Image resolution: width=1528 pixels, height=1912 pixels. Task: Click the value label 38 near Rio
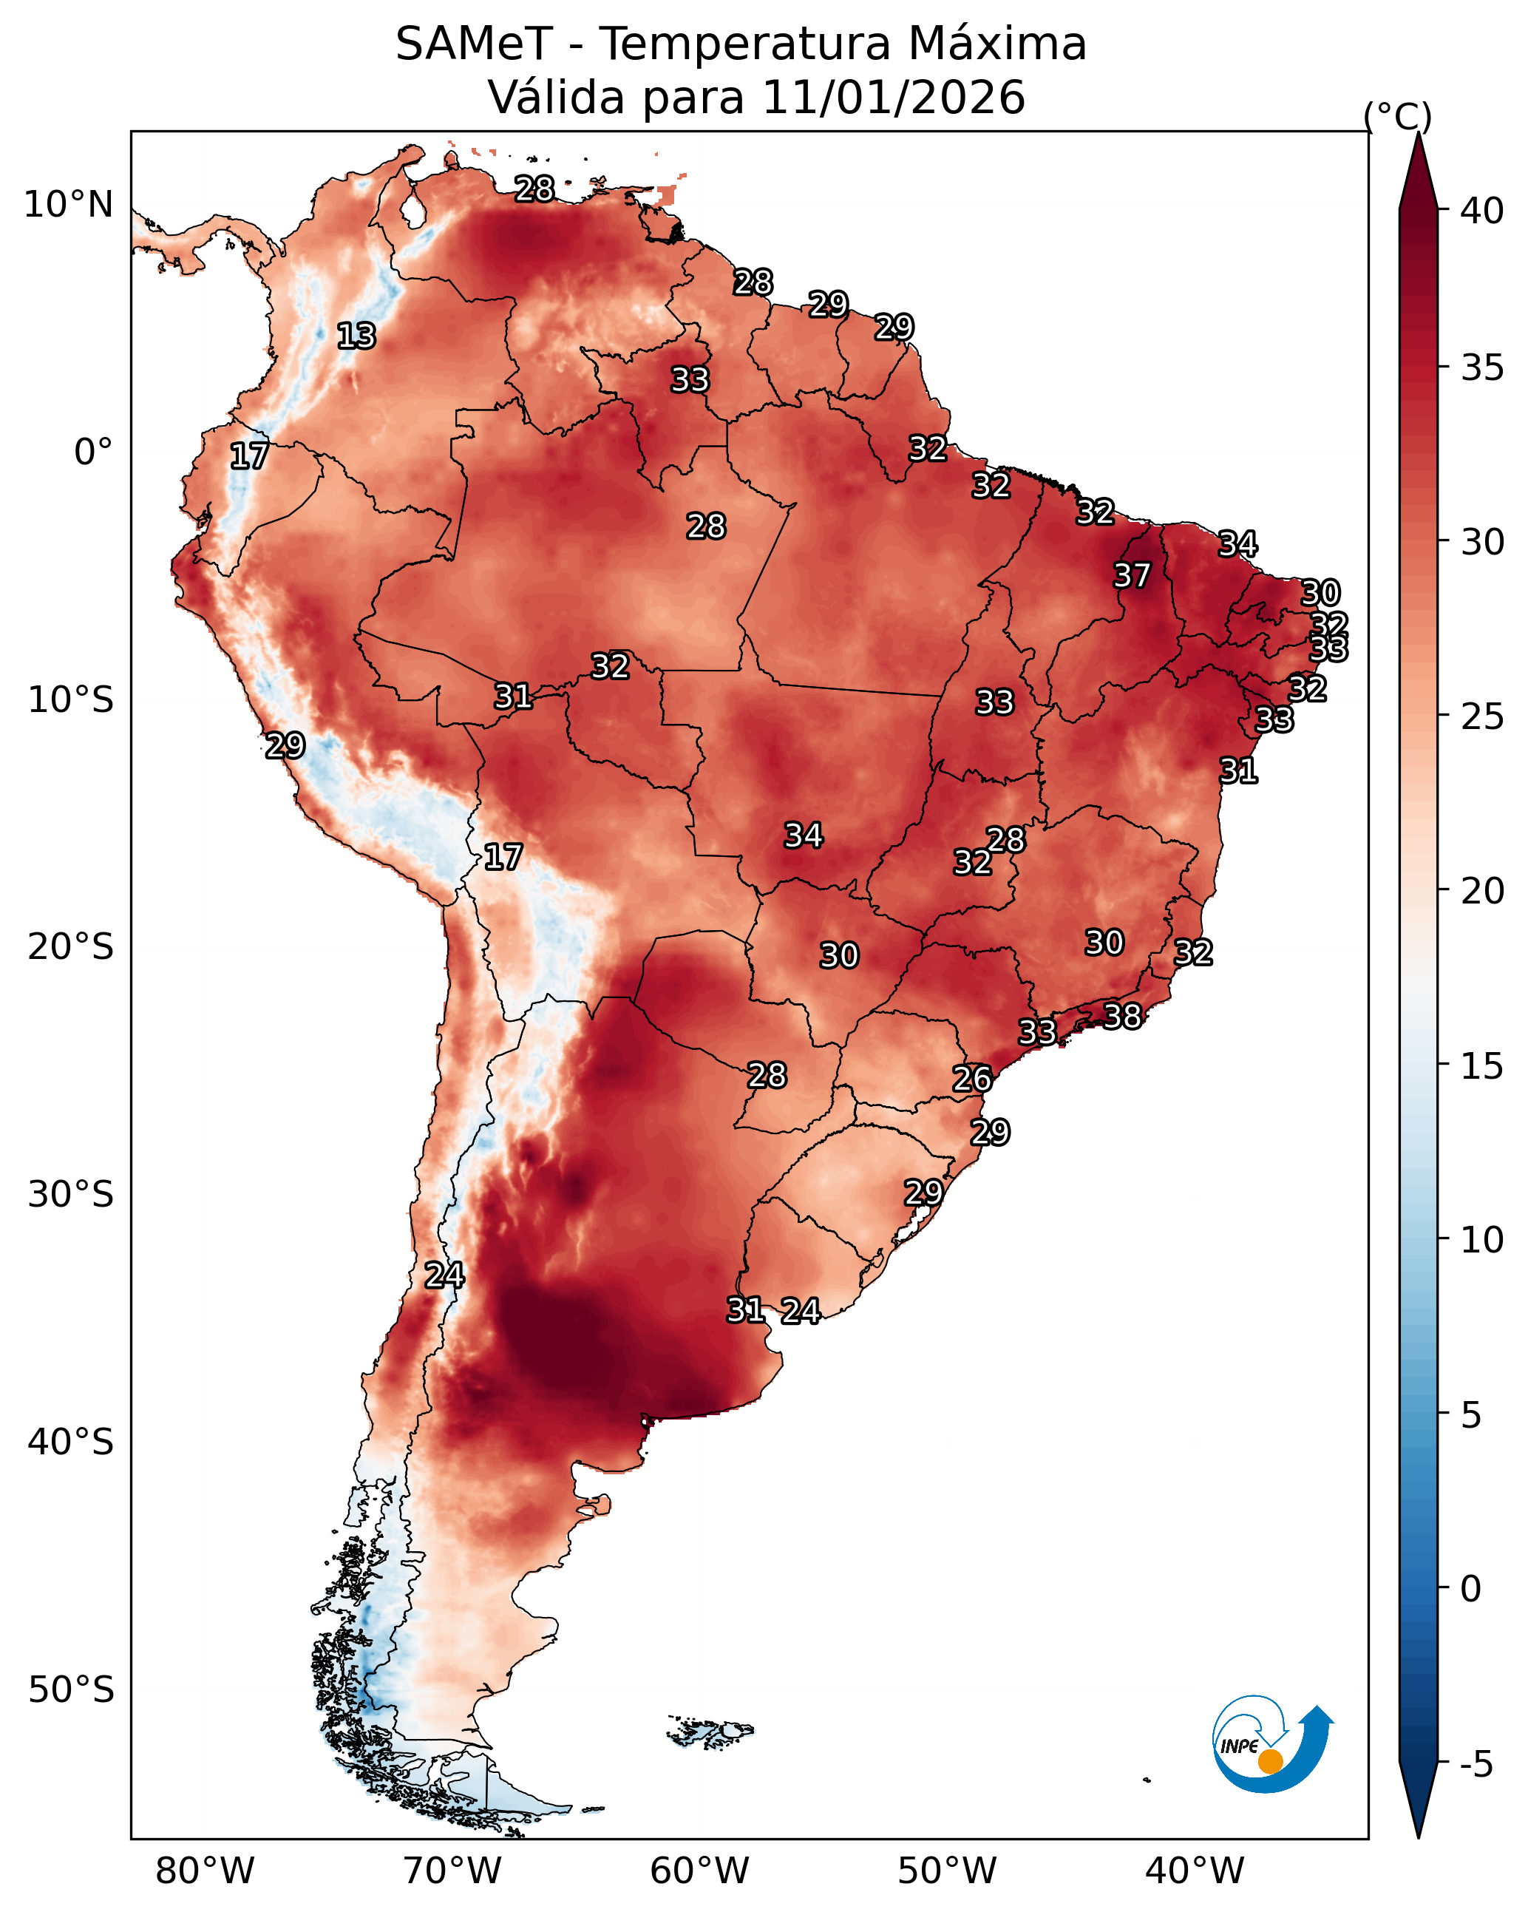1122,1015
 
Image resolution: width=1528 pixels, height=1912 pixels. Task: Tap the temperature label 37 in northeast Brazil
1132,575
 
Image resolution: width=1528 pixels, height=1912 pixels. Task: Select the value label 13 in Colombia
356,336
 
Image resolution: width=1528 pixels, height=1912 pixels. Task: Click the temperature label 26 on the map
972,1079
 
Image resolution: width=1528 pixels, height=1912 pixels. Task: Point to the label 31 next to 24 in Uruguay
745,1310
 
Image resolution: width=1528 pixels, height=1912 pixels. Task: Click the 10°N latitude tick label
68,205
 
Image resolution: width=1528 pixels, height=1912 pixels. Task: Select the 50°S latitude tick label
71,1690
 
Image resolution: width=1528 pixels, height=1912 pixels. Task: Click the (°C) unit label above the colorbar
1398,116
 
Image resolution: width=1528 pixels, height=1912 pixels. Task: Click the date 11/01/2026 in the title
893,97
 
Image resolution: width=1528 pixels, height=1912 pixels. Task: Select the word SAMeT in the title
474,44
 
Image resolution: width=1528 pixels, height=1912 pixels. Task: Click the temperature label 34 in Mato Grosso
804,835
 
